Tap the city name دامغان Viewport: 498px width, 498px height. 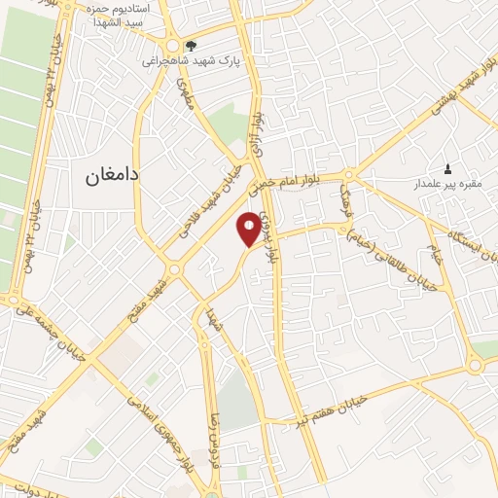(x=100, y=176)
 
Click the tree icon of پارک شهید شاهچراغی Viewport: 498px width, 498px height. (x=191, y=45)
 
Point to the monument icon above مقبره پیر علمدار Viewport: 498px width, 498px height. (x=447, y=167)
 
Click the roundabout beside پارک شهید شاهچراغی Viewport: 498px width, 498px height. (x=173, y=46)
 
